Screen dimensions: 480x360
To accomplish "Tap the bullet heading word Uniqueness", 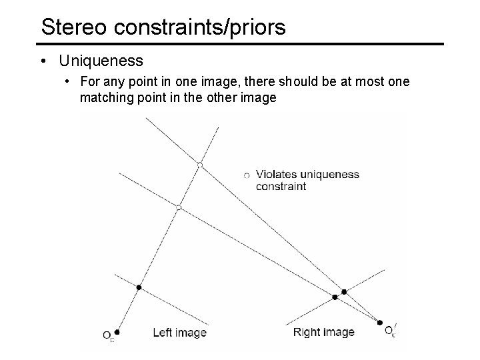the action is click(101, 61).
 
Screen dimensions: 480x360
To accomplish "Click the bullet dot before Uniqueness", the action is click(43, 61).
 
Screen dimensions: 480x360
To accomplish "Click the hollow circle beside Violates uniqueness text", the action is click(247, 175).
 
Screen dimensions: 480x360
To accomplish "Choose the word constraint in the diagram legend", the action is click(281, 187).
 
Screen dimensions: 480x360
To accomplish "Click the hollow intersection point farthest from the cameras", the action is click(199, 164).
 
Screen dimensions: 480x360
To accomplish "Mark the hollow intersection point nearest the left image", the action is click(178, 208).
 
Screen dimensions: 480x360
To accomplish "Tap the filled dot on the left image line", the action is click(139, 287).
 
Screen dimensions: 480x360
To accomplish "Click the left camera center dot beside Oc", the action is click(117, 331).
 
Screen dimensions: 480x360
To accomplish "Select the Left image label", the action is click(179, 332).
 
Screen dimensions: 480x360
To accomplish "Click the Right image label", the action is click(323, 332).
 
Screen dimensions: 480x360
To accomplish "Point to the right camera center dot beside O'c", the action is click(380, 323).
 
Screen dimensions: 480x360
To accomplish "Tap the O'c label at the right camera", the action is click(391, 330).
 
